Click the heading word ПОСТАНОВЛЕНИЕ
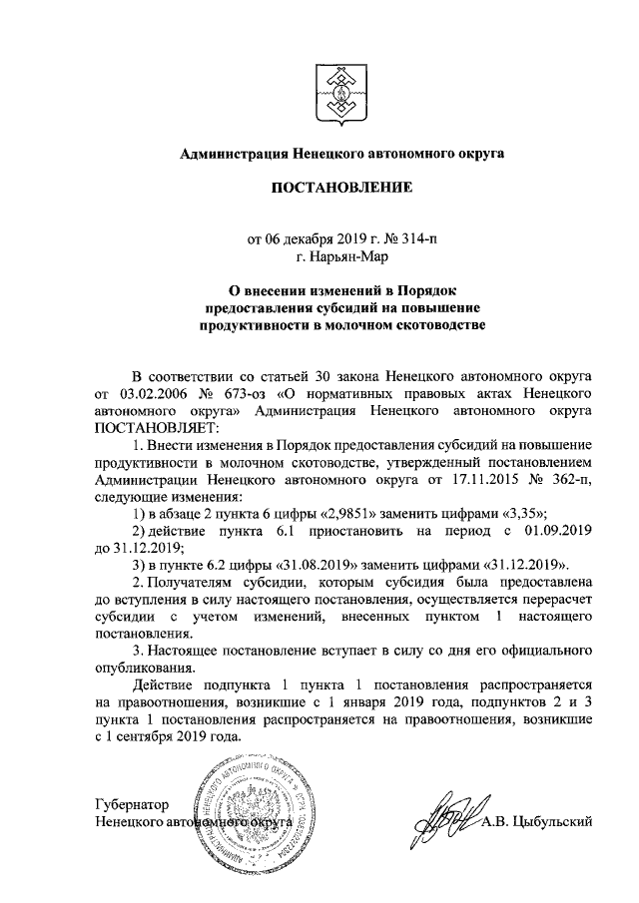(x=340, y=187)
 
